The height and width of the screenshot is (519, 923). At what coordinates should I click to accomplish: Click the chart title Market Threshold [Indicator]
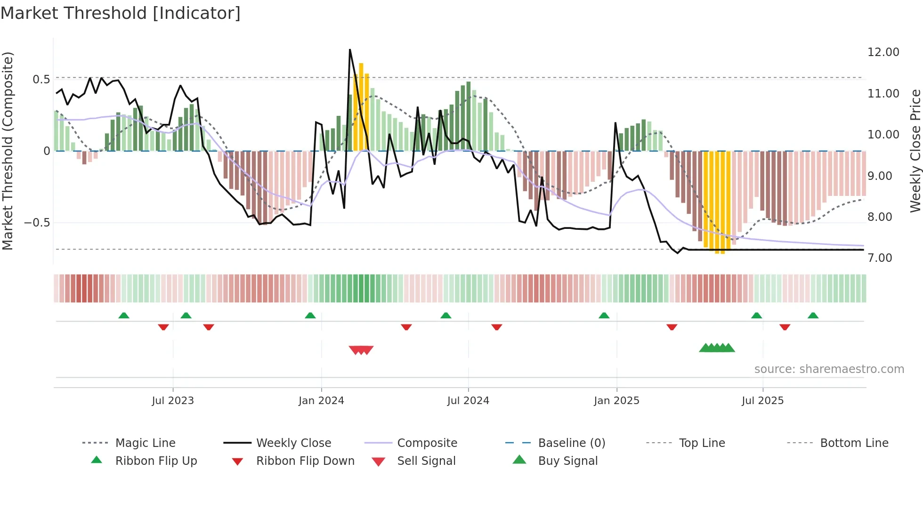121,13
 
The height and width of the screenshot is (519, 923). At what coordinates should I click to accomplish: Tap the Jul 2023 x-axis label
173,401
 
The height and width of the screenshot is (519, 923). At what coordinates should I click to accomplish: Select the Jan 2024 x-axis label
321,401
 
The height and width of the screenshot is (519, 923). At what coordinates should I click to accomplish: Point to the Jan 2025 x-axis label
616,401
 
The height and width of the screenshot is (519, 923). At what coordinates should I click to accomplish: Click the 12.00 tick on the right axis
883,52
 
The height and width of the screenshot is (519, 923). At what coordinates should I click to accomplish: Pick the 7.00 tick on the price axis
880,258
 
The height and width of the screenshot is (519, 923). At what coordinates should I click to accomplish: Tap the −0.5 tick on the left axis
37,222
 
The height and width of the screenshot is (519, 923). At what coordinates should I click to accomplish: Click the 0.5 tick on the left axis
41,79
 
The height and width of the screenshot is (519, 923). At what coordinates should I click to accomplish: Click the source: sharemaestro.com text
829,369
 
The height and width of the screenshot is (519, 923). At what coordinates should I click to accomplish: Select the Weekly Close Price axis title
915,151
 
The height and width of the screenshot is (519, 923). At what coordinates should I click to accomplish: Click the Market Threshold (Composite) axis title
8,151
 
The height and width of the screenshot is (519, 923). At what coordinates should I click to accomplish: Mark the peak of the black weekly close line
350,49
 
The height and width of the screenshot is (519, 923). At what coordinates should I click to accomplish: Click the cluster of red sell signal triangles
361,350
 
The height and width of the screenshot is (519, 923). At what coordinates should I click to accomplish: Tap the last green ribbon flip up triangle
813,316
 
